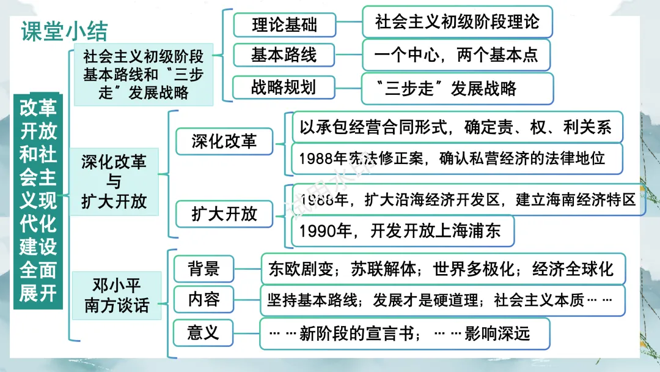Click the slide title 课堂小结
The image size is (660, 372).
64,32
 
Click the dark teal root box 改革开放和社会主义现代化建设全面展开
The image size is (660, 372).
38,200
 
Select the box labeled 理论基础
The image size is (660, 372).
285,26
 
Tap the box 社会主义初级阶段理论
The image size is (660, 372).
457,23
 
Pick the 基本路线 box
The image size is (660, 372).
284,55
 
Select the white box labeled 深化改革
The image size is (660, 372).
224,142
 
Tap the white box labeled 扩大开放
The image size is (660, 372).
224,214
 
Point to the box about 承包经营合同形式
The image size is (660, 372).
457,127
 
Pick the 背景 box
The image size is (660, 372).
204,268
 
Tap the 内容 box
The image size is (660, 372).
204,300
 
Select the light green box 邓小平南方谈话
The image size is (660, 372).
117,295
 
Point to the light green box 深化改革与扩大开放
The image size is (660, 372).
114,182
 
